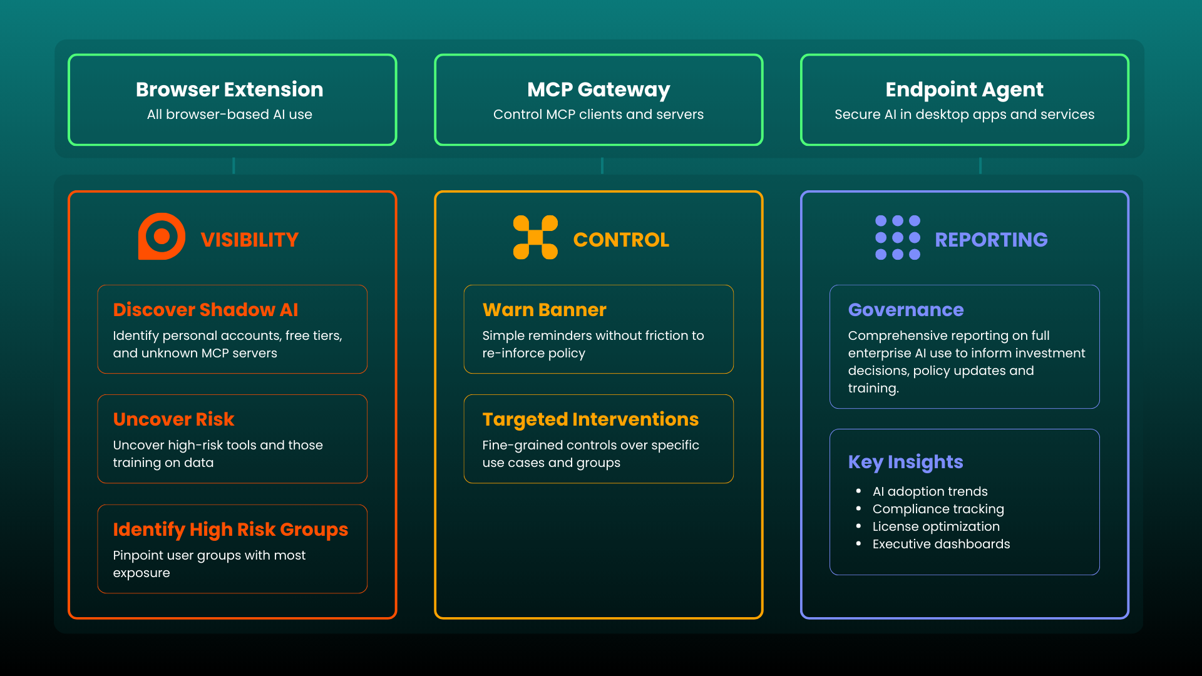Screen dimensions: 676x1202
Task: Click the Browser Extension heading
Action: point(229,90)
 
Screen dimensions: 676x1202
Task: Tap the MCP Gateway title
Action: point(598,90)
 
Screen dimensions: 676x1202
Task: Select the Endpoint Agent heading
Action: point(964,90)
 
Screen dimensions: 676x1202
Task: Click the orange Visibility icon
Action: point(162,237)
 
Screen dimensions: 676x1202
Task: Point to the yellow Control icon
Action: point(535,237)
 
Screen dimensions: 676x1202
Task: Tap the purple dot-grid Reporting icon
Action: point(897,237)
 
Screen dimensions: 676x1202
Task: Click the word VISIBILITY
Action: point(249,240)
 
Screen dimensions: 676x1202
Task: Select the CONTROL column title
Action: point(621,240)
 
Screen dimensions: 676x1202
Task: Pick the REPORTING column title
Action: point(991,240)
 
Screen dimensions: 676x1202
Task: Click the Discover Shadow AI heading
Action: point(205,310)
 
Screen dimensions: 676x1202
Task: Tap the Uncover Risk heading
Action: point(173,419)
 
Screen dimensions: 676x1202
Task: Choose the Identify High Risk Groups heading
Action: point(230,530)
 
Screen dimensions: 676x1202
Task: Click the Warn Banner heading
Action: point(544,310)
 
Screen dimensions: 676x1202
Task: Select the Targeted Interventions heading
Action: point(590,419)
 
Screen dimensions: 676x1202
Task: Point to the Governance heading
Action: point(905,310)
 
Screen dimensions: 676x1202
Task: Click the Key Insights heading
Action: point(905,462)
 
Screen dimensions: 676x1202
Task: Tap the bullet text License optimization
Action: point(936,526)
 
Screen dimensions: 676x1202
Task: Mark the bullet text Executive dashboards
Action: point(941,544)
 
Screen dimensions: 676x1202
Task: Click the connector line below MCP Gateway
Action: point(602,166)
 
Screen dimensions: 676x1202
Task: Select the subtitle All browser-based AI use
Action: point(229,115)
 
